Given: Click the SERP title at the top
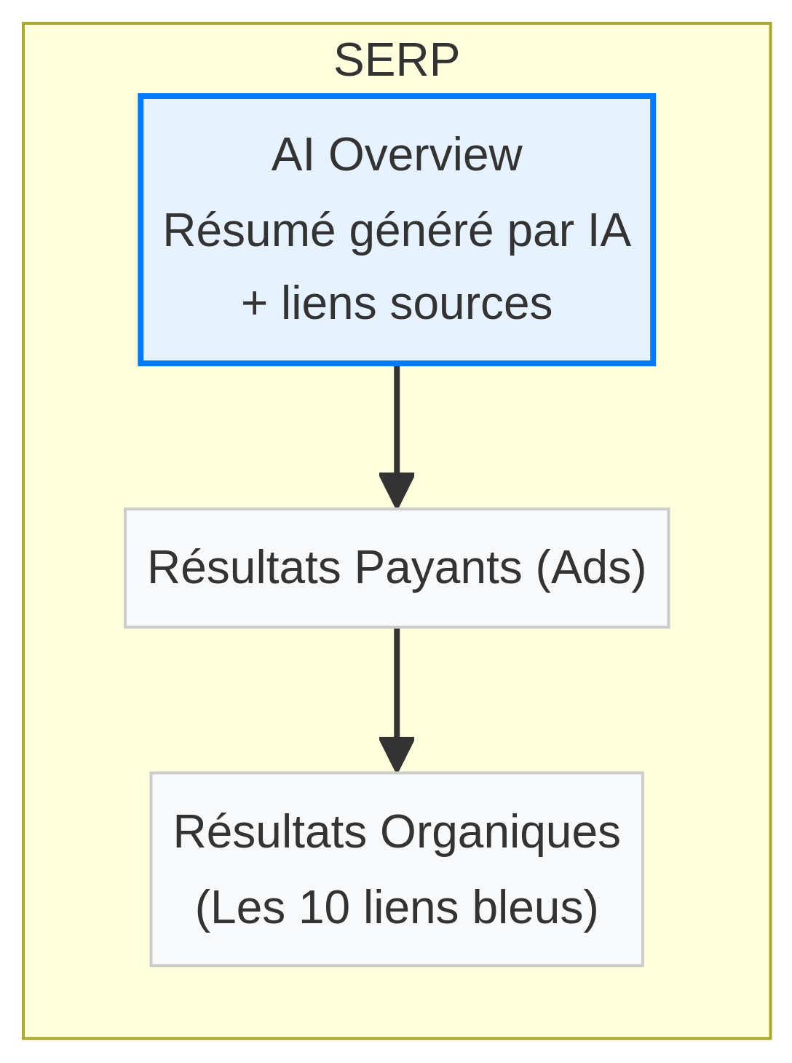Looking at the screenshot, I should pos(396,60).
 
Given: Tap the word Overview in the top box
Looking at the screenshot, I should pos(425,155).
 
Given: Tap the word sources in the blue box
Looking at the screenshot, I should pos(470,304).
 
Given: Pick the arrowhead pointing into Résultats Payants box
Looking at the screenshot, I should pos(397,491).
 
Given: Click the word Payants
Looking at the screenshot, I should pos(438,568).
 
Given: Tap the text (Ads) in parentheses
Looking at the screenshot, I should pos(590,568).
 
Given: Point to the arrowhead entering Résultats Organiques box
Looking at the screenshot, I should pos(397,755).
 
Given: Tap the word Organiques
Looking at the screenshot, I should pos(500,832).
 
